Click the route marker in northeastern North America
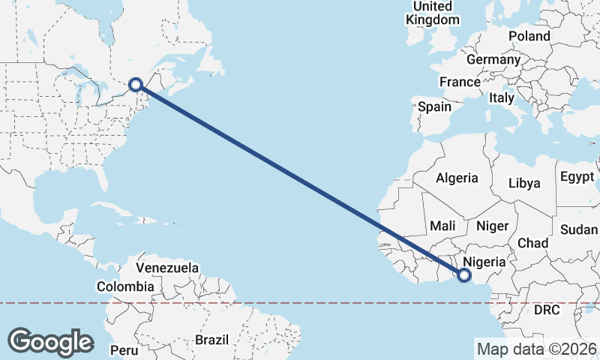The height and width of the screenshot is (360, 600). [x=136, y=85]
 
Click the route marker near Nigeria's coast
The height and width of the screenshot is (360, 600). [x=464, y=275]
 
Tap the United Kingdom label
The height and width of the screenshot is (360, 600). [x=433, y=13]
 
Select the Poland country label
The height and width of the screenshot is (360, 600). [x=529, y=36]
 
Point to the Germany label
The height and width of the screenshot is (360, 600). [x=493, y=59]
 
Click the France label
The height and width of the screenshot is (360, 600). [x=460, y=82]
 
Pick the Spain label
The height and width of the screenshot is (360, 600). [x=434, y=106]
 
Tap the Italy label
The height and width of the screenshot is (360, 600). [x=501, y=97]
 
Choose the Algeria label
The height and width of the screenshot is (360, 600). [x=457, y=178]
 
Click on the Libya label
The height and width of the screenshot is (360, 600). [x=523, y=182]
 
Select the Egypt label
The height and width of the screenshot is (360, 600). [x=576, y=177]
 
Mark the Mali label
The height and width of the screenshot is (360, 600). [x=442, y=225]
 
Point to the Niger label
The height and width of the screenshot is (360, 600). [x=493, y=225]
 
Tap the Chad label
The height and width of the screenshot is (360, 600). [x=532, y=243]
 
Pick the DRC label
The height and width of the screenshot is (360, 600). [x=547, y=310]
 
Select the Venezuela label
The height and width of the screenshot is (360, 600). [x=167, y=267]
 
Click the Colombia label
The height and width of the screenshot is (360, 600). [x=125, y=286]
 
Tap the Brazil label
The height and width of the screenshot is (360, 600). [x=211, y=340]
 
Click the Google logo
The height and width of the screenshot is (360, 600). [x=50, y=342]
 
